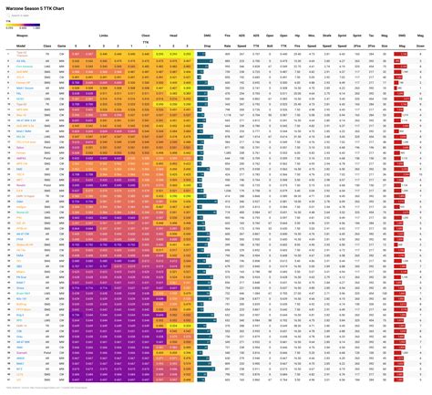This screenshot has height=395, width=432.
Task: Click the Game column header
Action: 62,45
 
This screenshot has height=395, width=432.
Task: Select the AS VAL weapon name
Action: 20,60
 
